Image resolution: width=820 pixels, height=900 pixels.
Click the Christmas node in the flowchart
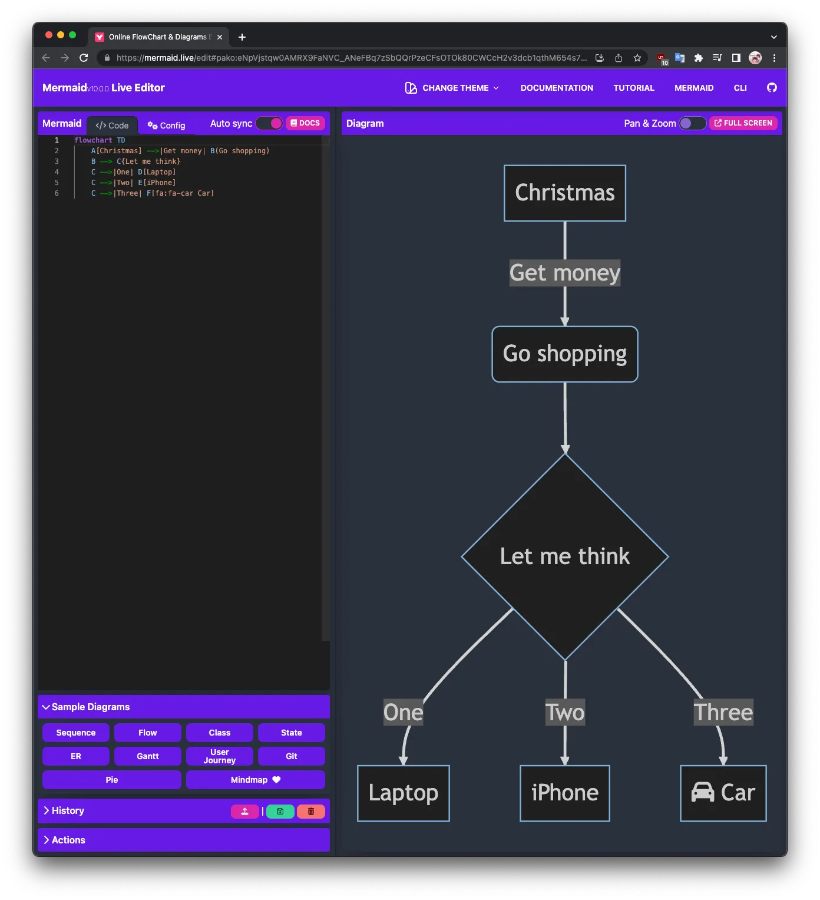point(564,193)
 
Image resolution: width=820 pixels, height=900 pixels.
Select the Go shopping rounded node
point(564,354)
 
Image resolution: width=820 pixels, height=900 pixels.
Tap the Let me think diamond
point(564,556)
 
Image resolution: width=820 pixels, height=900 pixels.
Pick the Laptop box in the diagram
point(403,793)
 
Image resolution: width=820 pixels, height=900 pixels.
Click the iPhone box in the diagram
point(564,793)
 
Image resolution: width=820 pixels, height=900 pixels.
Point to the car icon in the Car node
point(702,792)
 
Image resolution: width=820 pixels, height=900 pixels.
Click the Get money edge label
point(564,273)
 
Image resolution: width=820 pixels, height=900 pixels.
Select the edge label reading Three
point(723,712)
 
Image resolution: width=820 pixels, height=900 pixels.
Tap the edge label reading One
point(403,712)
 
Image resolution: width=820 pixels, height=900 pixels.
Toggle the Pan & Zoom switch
point(692,123)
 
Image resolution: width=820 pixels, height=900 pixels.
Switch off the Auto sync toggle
point(270,123)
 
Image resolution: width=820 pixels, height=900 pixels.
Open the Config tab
point(166,126)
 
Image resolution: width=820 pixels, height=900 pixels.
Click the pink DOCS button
point(305,123)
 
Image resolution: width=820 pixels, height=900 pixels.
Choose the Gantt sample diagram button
point(147,756)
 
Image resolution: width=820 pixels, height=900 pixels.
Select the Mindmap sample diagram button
point(255,780)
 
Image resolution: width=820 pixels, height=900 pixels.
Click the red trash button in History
point(310,812)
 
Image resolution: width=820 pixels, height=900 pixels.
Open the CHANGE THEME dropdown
point(452,88)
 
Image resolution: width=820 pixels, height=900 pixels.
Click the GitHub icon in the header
point(772,88)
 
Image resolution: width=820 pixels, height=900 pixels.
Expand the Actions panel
point(68,840)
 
